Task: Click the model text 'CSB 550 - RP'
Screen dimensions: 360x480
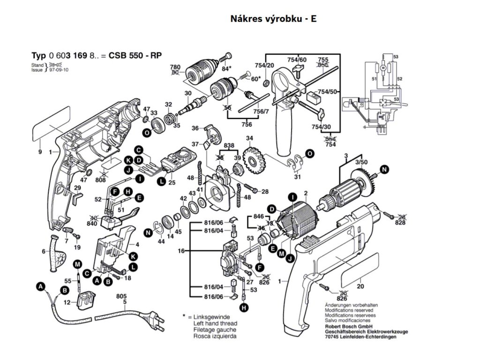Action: pos(135,55)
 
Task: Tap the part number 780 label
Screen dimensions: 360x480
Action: pos(175,67)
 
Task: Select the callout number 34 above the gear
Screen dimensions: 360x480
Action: pos(249,138)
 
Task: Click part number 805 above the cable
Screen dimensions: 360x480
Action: pos(121,297)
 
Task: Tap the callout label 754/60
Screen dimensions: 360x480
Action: pos(297,60)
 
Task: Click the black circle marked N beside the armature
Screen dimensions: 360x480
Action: pos(385,169)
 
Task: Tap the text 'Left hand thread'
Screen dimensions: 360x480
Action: pos(215,323)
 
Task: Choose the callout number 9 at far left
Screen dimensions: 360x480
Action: pos(40,152)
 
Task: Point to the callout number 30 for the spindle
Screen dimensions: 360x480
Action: pos(188,93)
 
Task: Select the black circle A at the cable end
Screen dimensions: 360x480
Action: pos(41,286)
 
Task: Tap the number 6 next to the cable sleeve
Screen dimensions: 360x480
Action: pos(44,252)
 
